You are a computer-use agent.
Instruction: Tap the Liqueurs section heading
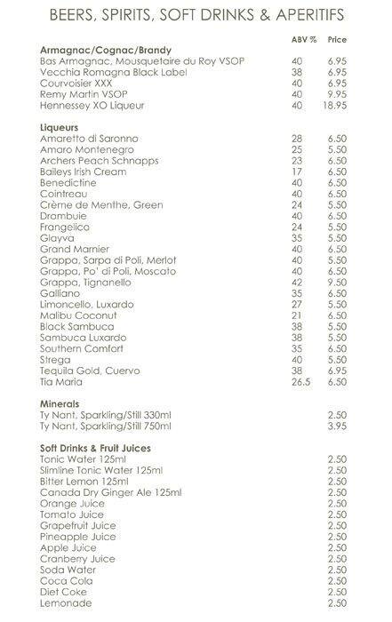pos(61,128)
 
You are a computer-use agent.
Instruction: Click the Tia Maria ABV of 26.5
pos(300,383)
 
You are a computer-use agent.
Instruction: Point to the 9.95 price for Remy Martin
pos(336,93)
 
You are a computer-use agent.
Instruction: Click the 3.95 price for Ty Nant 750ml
pos(336,426)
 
